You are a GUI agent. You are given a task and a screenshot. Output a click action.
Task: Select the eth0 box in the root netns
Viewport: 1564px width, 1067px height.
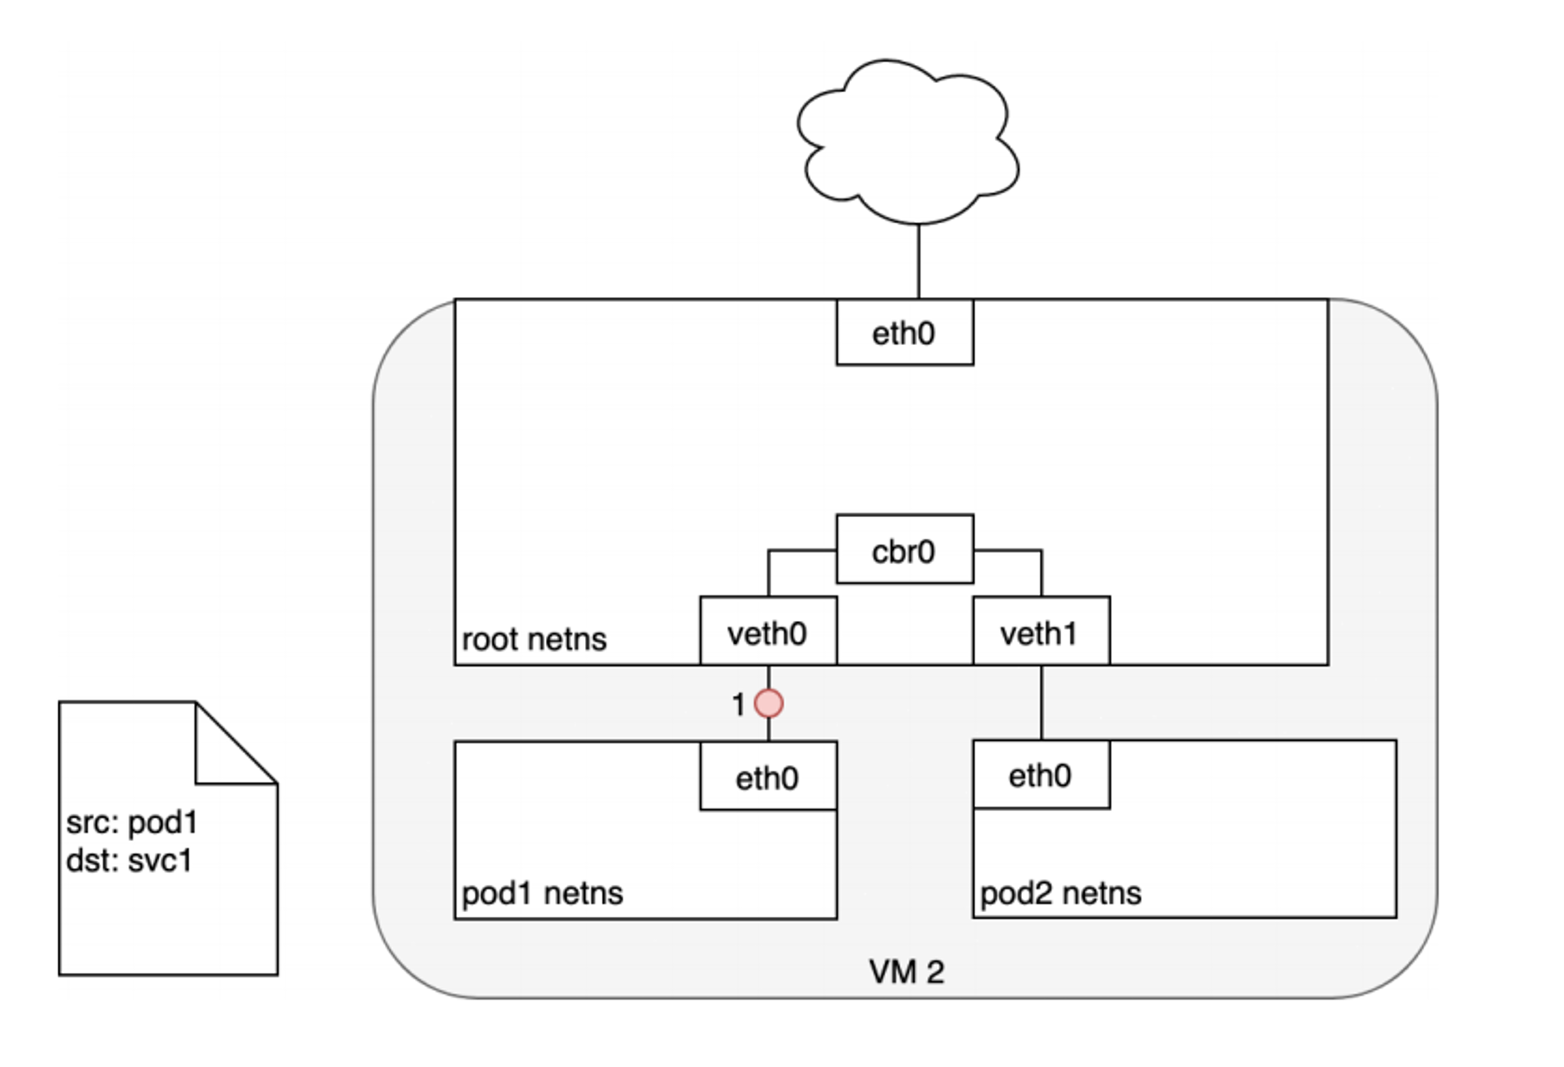point(905,332)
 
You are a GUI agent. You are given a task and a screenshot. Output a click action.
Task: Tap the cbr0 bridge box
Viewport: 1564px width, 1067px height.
point(905,549)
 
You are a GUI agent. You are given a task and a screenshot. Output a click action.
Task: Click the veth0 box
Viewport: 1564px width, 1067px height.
point(768,631)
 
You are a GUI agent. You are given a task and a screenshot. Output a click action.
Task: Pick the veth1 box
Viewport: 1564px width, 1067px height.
point(1041,631)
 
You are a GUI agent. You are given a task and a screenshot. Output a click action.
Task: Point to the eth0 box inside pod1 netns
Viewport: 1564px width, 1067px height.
point(768,776)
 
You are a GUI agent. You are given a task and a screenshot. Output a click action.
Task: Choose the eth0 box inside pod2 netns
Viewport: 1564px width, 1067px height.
point(1041,774)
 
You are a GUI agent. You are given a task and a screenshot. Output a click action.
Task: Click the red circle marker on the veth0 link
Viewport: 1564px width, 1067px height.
point(769,703)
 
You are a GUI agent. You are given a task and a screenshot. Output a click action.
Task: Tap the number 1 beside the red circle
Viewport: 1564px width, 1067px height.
point(737,705)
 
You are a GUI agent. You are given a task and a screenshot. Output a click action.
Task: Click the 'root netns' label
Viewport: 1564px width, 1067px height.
point(534,640)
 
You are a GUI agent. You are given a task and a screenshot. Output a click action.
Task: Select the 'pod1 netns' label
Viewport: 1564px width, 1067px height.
point(542,893)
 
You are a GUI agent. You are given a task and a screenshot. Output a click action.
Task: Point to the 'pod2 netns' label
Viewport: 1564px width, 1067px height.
point(1060,893)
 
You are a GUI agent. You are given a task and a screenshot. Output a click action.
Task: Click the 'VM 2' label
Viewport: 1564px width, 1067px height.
point(906,972)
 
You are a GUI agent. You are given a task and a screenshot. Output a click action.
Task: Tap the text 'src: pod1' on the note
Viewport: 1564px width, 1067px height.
point(132,823)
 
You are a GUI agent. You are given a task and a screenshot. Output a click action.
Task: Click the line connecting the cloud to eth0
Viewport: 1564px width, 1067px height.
point(918,261)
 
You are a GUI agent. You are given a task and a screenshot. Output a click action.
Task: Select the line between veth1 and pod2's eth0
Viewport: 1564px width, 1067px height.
point(1041,702)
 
